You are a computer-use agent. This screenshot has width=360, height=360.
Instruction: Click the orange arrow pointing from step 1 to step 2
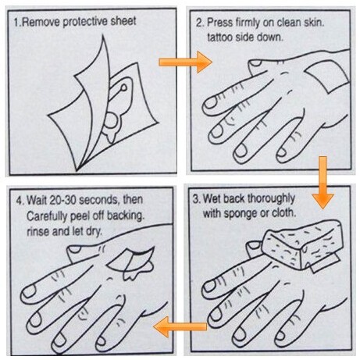tap(185, 62)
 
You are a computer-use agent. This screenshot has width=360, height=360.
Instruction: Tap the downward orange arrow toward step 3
tap(323, 182)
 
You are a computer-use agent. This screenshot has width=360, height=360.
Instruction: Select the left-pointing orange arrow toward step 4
tap(180, 326)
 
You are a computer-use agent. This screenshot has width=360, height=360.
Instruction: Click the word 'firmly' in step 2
tap(248, 23)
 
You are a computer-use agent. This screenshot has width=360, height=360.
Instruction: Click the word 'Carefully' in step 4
tap(47, 216)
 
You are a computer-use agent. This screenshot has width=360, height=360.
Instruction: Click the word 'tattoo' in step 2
tap(219, 37)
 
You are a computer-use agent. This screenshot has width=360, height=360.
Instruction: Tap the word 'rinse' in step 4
tap(38, 231)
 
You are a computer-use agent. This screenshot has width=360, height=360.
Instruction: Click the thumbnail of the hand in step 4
tap(74, 249)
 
